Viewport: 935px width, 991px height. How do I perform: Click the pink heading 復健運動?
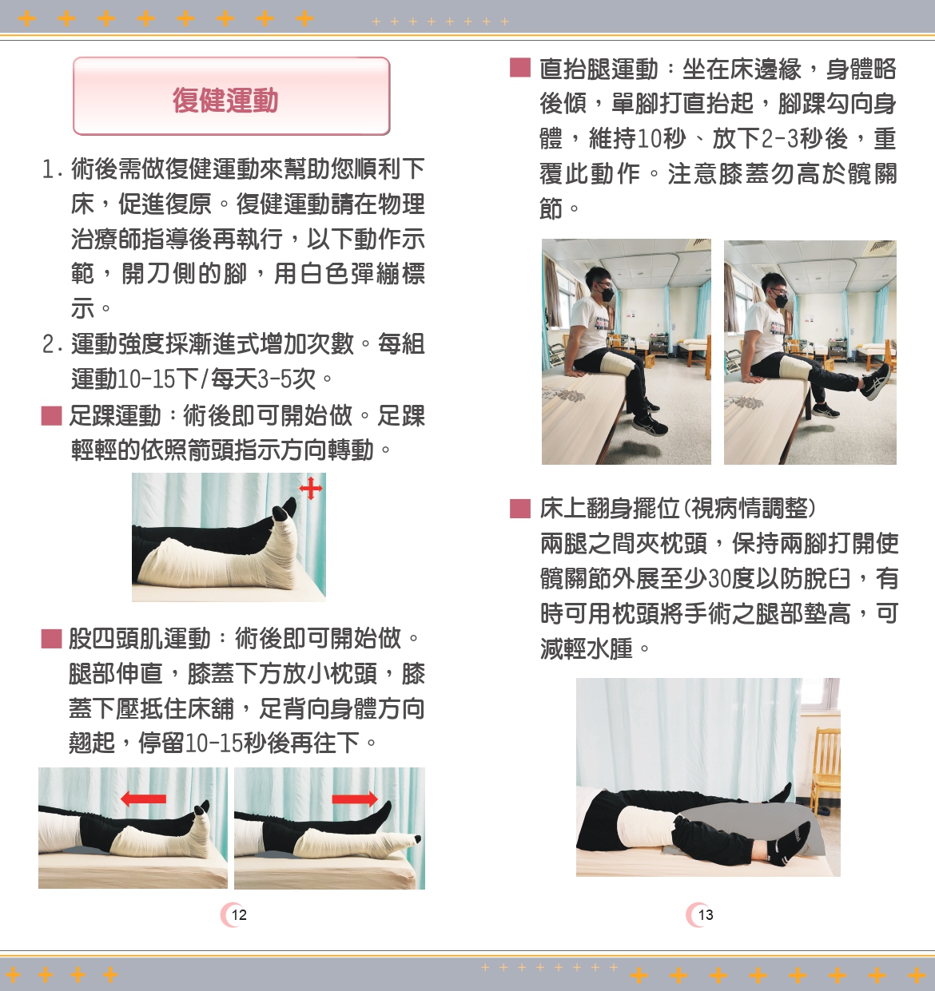pyautogui.click(x=225, y=100)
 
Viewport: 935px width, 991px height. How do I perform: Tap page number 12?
pyautogui.click(x=239, y=914)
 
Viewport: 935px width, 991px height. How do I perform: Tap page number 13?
pyautogui.click(x=705, y=914)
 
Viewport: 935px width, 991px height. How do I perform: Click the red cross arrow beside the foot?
pyautogui.click(x=311, y=488)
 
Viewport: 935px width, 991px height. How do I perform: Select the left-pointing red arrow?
pyautogui.click(x=143, y=799)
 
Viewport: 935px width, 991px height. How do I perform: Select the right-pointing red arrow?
pyautogui.click(x=355, y=799)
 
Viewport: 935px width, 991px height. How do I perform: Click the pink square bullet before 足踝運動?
pyautogui.click(x=51, y=416)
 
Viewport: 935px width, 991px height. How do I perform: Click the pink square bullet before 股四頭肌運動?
pyautogui.click(x=51, y=639)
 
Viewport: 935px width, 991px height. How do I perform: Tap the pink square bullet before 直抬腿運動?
pyautogui.click(x=520, y=68)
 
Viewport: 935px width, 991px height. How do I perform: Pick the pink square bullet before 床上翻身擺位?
pyautogui.click(x=520, y=509)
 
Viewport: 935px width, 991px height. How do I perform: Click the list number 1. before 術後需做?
pyautogui.click(x=52, y=169)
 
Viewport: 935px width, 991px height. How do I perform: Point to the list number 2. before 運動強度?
pyautogui.click(x=52, y=344)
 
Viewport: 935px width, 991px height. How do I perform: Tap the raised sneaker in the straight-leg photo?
pyautogui.click(x=876, y=383)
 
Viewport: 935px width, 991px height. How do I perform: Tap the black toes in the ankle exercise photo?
pyautogui.click(x=284, y=512)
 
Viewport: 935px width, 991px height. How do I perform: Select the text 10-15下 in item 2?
pyautogui.click(x=157, y=379)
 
